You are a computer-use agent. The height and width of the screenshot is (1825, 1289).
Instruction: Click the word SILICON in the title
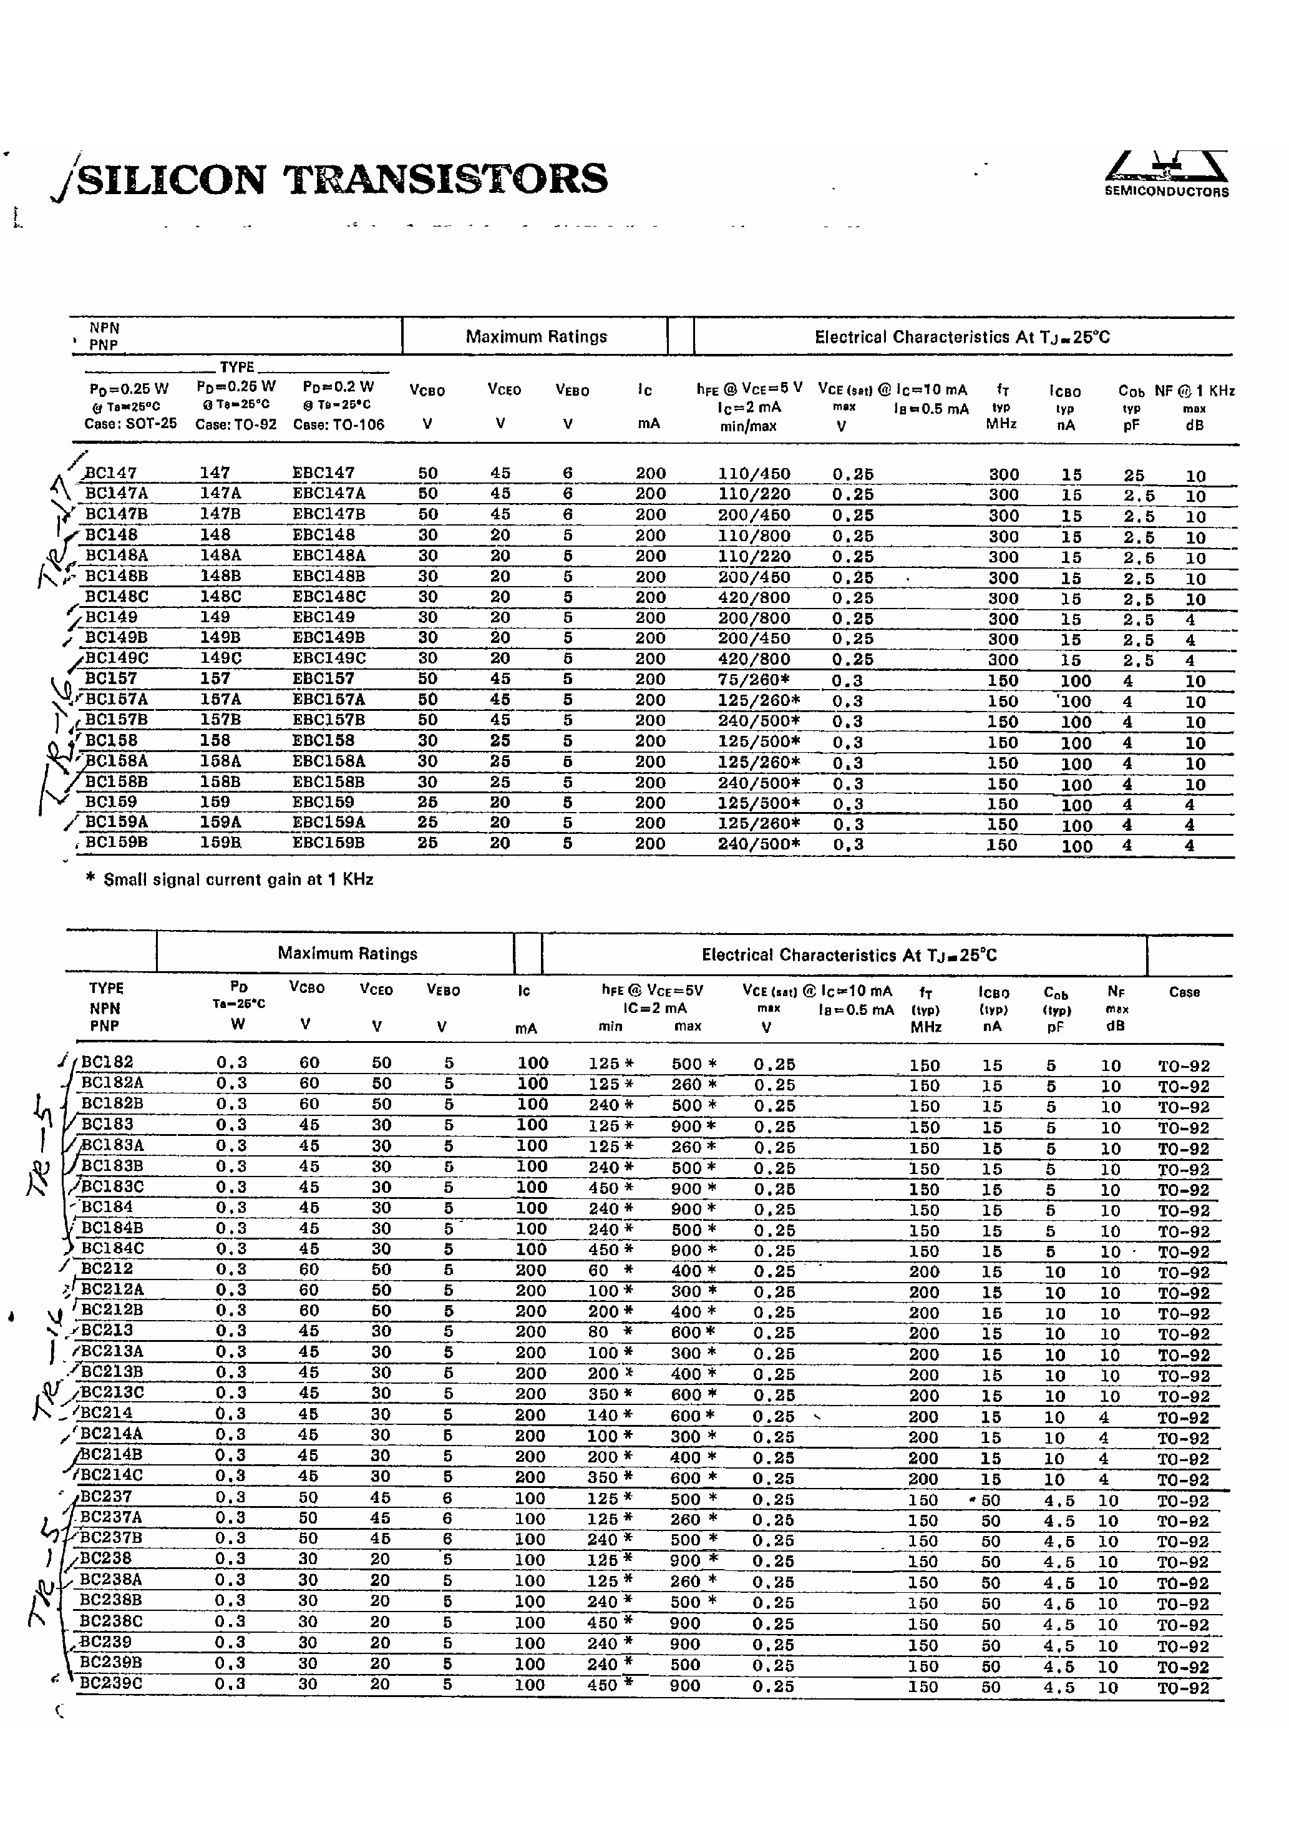pos(172,180)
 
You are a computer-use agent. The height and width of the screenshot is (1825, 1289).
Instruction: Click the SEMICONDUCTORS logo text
pos(1166,192)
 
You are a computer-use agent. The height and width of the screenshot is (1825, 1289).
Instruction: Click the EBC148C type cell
pos(329,597)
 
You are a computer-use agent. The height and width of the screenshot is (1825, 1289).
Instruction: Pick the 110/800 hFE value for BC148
pos(754,536)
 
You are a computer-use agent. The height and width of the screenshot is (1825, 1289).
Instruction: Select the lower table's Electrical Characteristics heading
pos(848,954)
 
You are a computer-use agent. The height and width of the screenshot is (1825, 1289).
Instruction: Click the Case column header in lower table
pos(1184,992)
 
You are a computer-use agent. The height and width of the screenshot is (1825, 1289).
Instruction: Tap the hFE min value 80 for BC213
pos(598,1332)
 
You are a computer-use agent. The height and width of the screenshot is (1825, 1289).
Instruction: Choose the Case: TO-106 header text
pos(338,425)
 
